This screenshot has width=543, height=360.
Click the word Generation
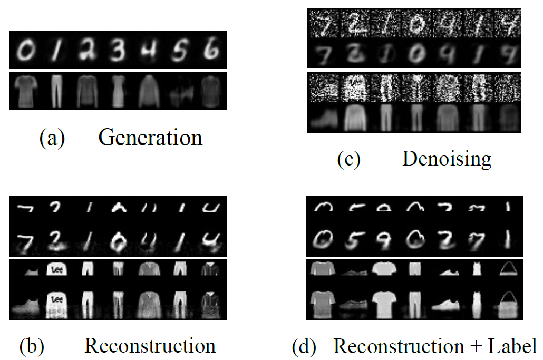150,138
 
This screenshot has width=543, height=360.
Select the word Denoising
447,158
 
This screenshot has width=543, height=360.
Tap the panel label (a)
52,138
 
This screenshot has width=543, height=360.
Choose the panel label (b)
32,346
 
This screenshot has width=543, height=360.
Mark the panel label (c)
348,159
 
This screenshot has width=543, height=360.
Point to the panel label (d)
305,346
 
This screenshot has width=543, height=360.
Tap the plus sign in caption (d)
473,347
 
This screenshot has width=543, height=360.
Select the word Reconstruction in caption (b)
150,346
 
